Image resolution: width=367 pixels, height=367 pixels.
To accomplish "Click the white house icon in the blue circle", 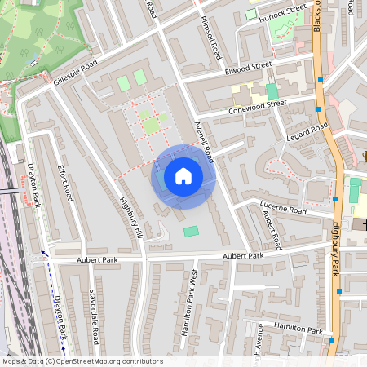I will point(183,175).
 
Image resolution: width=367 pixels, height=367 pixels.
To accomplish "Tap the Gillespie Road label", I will point(75,74).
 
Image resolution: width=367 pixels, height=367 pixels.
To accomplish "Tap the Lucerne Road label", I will point(283,210).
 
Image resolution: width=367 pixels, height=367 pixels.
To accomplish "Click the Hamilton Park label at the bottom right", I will point(298,328).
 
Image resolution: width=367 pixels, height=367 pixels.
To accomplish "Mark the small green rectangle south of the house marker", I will point(190,232).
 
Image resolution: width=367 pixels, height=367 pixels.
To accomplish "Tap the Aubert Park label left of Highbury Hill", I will point(98,259).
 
